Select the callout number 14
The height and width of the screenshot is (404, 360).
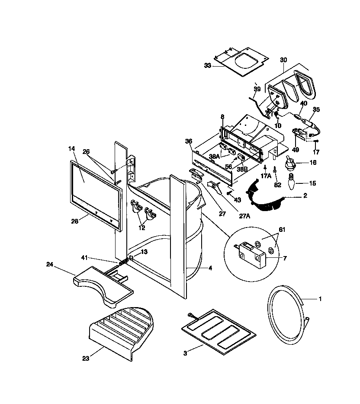pos(72,148)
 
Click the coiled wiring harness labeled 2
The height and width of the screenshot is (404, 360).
pos(264,197)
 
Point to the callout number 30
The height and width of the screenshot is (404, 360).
pos(283,60)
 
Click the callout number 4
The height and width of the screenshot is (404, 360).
pos(210,268)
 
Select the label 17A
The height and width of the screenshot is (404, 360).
pos(266,176)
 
